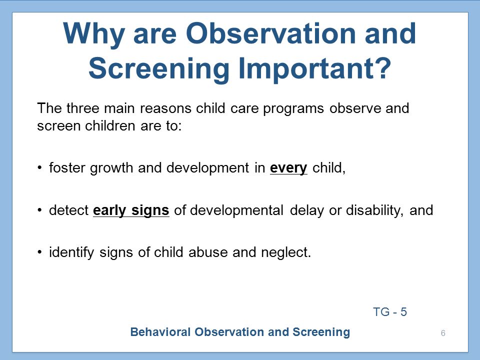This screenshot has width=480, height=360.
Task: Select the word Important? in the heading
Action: (315, 68)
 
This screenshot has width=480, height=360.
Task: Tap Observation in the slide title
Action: (270, 33)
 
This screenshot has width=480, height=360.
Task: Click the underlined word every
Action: (288, 168)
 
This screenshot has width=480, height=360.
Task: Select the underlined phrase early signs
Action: (131, 211)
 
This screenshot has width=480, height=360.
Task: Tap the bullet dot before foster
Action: (39, 168)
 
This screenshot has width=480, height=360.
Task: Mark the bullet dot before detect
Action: (39, 210)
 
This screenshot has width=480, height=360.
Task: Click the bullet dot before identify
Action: (39, 252)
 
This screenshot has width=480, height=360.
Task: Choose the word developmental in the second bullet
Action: (236, 211)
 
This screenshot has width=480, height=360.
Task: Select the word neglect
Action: (286, 253)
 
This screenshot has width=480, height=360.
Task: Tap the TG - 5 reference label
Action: (390, 312)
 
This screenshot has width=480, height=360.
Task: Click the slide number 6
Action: (443, 333)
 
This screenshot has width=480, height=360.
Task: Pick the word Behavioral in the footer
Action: (160, 332)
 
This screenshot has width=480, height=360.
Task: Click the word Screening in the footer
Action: (321, 332)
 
